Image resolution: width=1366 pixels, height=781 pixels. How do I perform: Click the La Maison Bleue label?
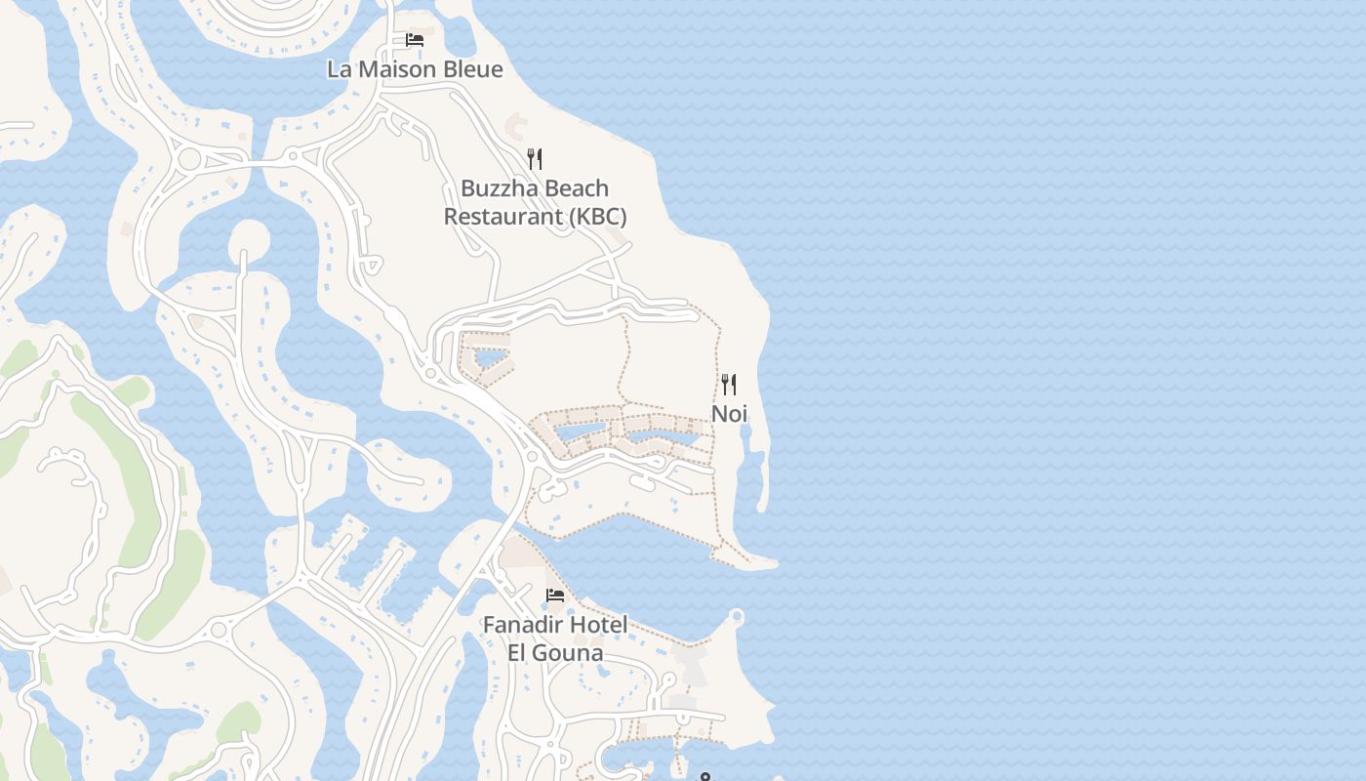[415, 69]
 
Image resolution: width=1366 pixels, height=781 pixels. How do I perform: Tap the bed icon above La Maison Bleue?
[415, 40]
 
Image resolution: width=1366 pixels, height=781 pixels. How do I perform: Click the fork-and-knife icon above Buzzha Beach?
[535, 159]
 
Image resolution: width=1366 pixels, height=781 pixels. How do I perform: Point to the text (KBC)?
[597, 216]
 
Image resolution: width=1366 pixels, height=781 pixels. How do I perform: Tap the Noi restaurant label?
[729, 413]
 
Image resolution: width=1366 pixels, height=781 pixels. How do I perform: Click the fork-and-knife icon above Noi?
[729, 384]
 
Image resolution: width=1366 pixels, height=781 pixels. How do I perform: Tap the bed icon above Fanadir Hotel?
[555, 596]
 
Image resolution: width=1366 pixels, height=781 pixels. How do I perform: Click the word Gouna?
[568, 652]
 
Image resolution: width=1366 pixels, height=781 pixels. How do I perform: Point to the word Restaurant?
[502, 216]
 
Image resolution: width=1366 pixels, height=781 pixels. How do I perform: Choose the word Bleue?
[472, 69]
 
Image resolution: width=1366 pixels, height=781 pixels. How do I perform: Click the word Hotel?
[599, 625]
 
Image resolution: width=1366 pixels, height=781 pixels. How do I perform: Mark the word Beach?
[575, 188]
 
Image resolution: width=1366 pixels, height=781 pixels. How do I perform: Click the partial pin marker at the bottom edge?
[705, 777]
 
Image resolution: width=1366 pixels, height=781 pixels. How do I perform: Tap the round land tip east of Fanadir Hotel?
[737, 616]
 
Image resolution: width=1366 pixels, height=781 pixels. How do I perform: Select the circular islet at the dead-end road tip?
[248, 237]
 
